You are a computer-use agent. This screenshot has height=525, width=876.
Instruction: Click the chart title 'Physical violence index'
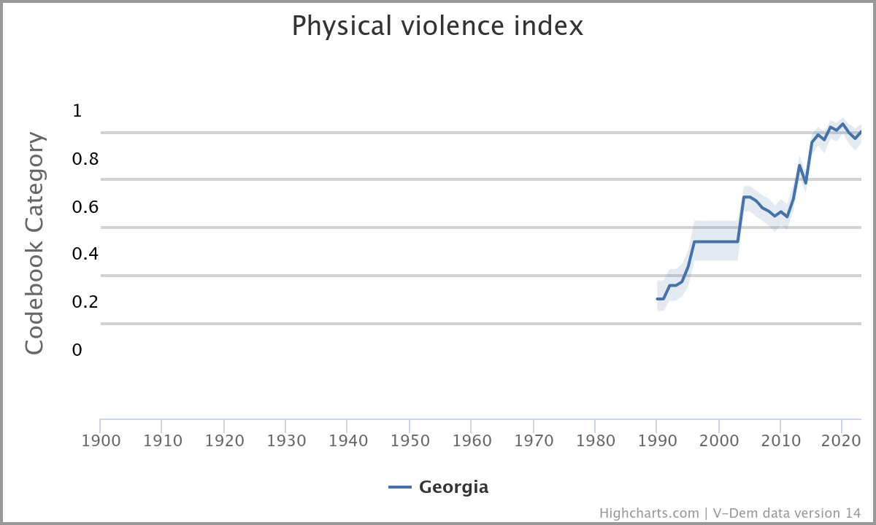[437, 26]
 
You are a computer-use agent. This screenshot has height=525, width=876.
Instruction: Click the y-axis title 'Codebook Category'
[34, 243]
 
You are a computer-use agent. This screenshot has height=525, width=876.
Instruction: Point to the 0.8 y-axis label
[85, 159]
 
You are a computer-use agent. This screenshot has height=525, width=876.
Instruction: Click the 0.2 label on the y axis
[85, 302]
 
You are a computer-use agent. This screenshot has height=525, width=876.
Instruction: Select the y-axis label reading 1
[77, 111]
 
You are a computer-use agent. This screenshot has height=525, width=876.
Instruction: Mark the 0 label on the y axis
[77, 350]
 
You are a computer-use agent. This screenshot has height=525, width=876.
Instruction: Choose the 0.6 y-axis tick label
[85, 207]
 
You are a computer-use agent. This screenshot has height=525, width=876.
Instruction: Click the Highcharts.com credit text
[649, 513]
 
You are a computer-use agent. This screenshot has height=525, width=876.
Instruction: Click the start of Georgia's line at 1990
[657, 299]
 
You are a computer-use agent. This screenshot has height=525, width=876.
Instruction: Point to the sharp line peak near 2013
[799, 166]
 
